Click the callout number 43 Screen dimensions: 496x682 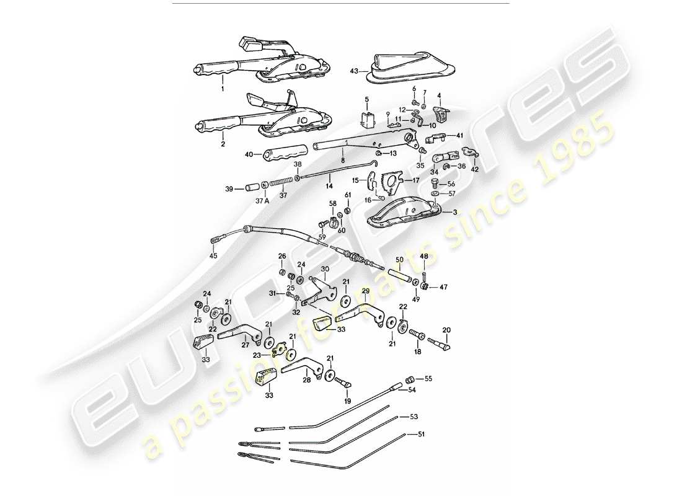(354, 71)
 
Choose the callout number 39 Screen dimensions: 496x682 (229, 188)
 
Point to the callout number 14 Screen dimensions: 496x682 (329, 185)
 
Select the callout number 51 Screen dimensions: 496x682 (422, 435)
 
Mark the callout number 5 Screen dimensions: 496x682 (366, 99)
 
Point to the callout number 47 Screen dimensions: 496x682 (443, 287)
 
